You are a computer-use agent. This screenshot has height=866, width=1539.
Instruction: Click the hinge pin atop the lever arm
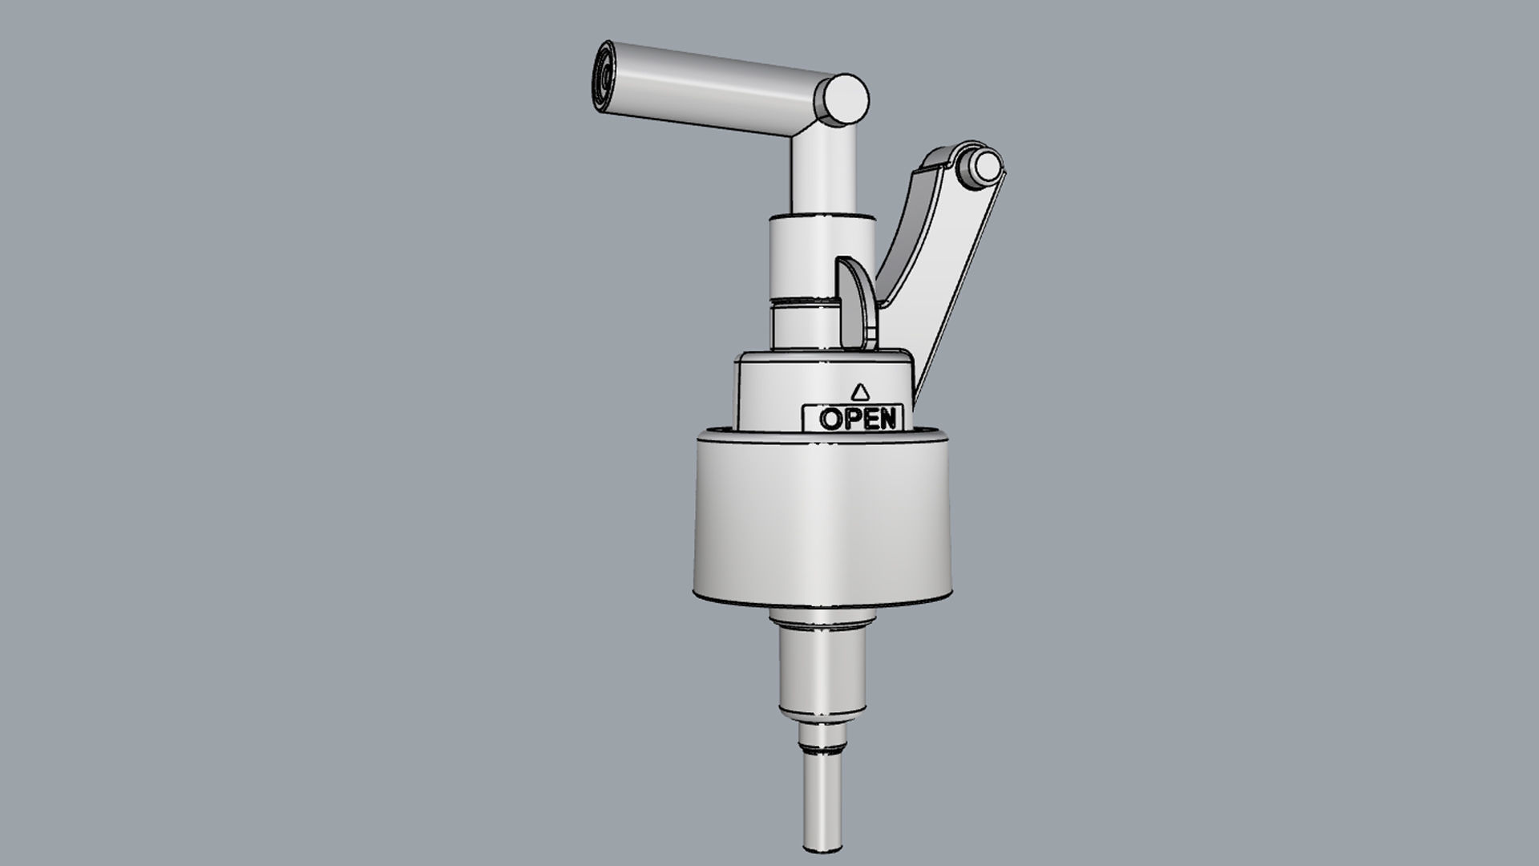point(984,167)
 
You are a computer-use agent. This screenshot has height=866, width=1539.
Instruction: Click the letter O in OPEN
point(830,419)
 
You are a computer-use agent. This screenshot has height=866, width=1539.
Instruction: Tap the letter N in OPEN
point(885,419)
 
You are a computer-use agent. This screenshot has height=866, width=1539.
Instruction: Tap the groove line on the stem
point(802,302)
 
